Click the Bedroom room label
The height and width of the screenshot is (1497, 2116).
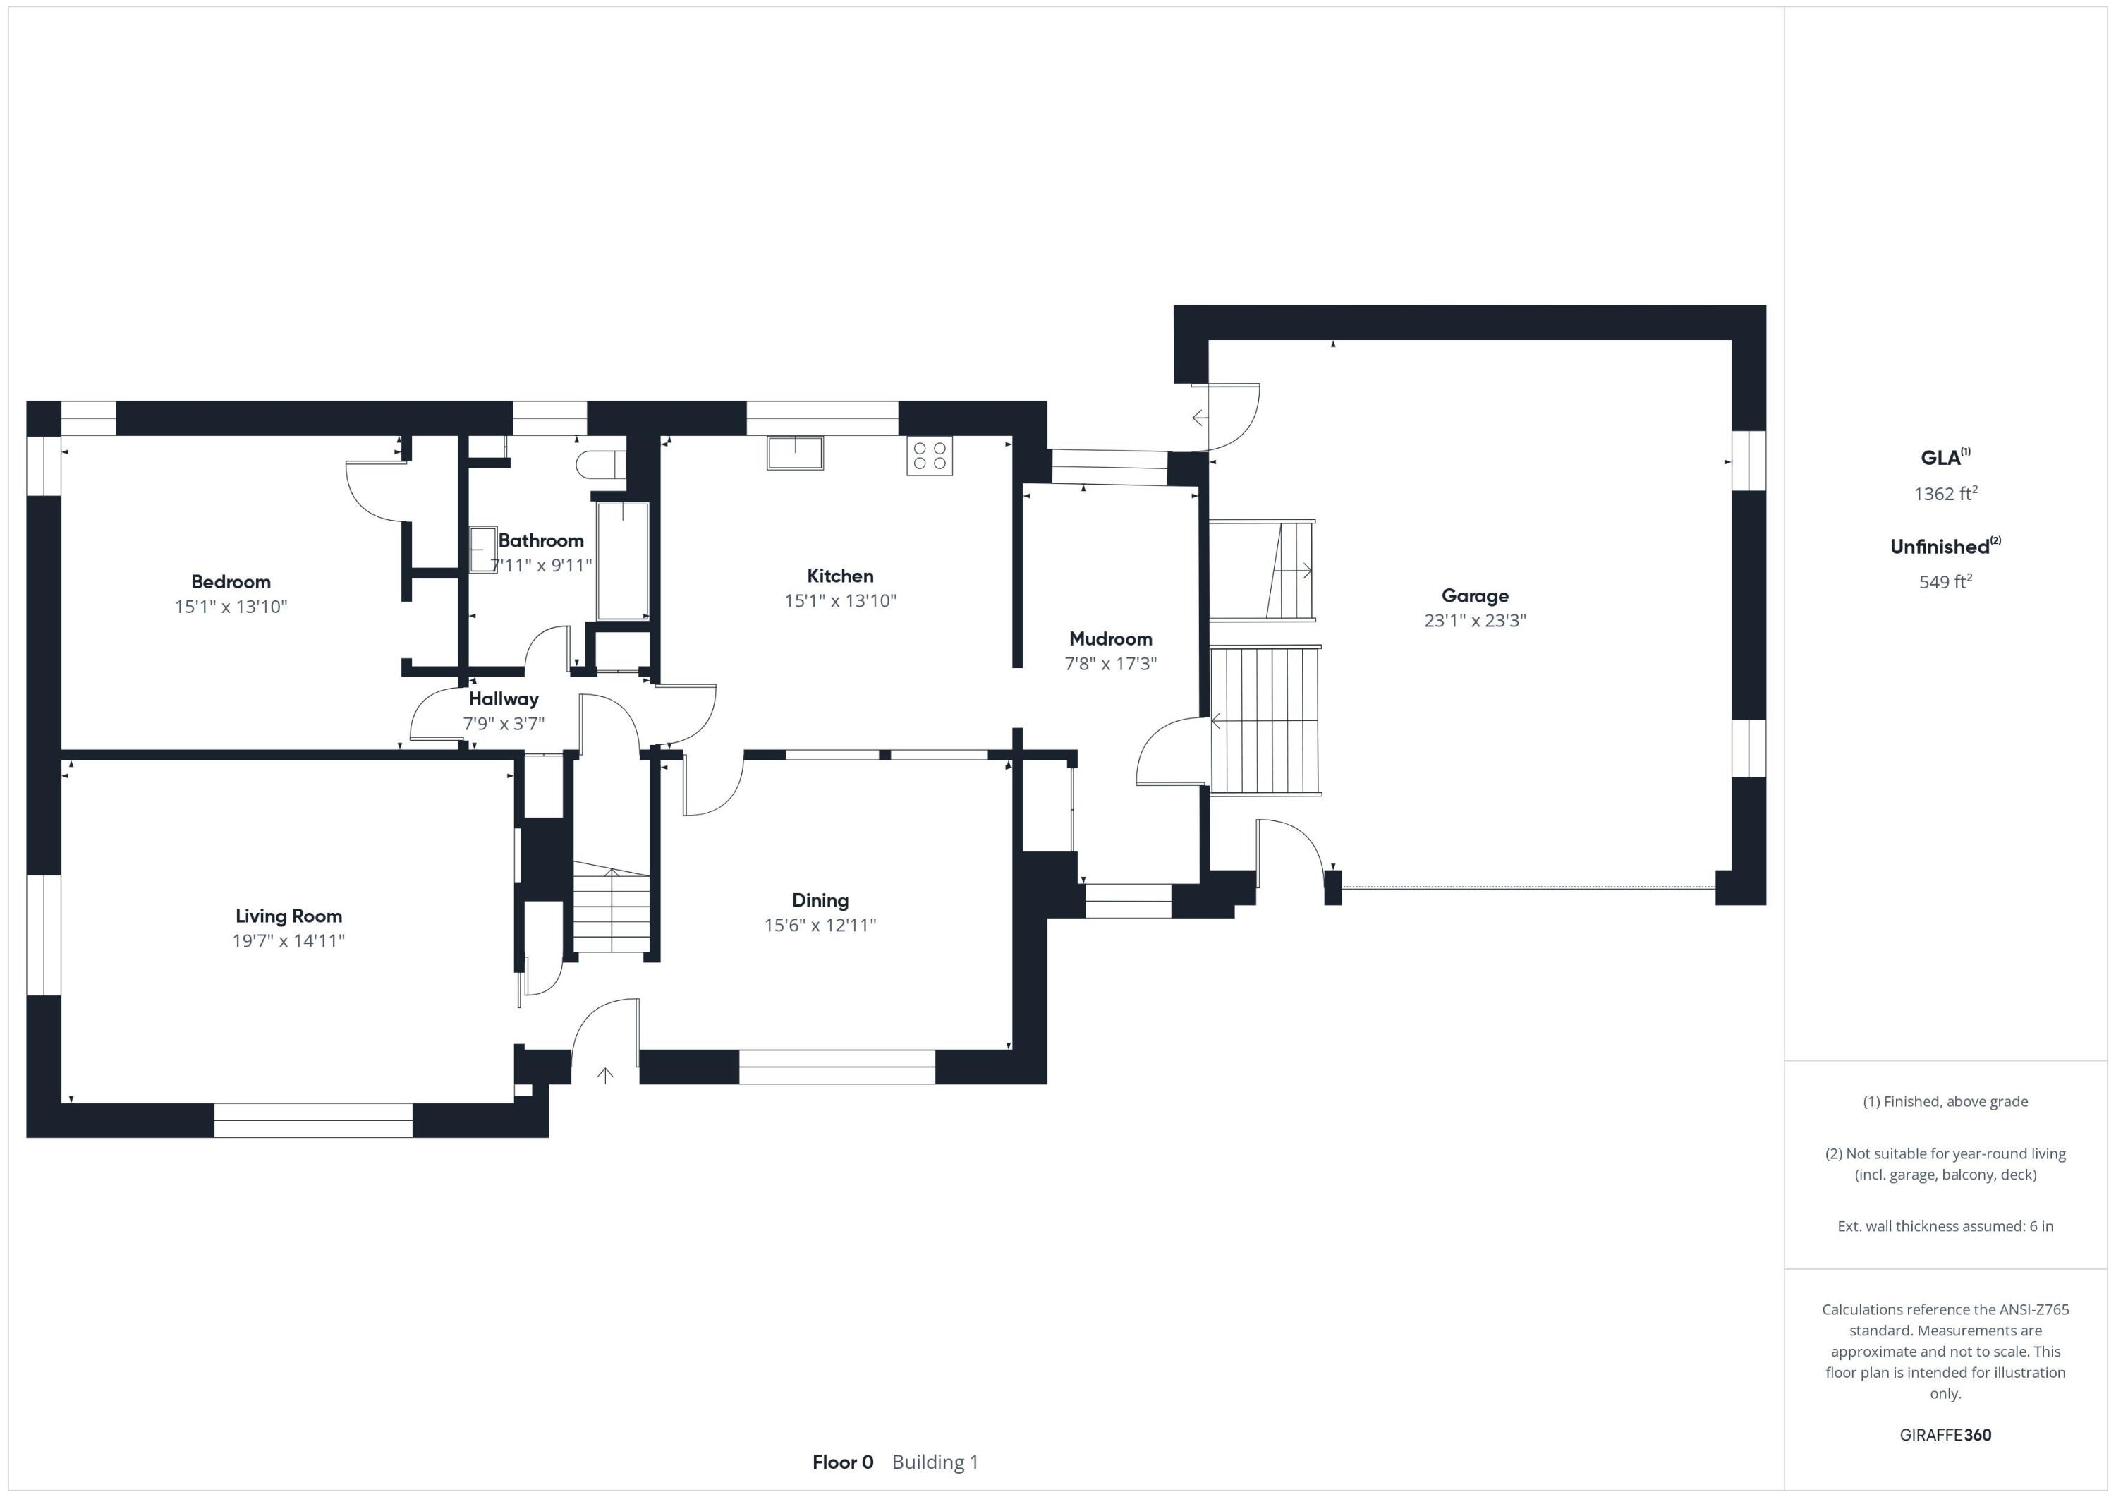pos(231,581)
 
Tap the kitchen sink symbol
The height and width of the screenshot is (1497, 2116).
pos(794,454)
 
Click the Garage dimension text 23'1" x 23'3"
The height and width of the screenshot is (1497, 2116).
pos(1475,620)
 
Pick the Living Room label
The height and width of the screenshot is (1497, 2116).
pos(288,916)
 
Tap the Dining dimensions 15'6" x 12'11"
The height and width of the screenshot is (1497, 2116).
pos(820,925)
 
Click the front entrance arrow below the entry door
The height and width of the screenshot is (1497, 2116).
pos(605,1075)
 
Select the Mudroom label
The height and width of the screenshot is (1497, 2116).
pos(1109,639)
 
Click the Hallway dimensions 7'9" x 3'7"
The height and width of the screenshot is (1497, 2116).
pos(503,724)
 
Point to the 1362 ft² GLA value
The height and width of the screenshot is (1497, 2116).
pos(1945,493)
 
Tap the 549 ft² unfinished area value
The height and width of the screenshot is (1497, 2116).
pos(1945,581)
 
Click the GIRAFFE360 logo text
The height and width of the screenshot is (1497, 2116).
pos(1945,1434)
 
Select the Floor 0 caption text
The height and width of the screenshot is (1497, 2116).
pos(842,1462)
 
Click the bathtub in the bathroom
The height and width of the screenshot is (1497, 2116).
pos(623,560)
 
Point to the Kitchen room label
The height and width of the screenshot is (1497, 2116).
pos(839,576)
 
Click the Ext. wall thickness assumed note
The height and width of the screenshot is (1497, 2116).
pos(1945,1226)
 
